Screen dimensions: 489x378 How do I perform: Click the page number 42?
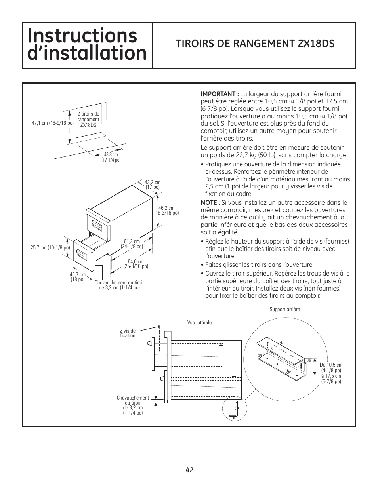pos(189,470)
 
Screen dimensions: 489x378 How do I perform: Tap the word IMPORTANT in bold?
pos(219,94)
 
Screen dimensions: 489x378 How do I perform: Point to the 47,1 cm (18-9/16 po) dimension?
pos(53,123)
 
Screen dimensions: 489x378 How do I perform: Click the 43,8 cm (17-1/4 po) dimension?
pos(111,157)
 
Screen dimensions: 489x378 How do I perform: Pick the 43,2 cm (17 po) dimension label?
pos(153,185)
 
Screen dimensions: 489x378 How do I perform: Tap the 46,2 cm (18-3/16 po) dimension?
pos(166,210)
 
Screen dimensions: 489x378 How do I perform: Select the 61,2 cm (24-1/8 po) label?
pos(132,244)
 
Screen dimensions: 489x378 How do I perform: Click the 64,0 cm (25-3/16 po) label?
pos(136,264)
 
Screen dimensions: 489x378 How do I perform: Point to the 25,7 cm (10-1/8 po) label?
pos(50,248)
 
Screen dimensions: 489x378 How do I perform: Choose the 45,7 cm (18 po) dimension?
pos(78,277)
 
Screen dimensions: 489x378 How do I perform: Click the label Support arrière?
pos(284,309)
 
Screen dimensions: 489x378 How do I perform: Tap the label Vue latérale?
pos(199,322)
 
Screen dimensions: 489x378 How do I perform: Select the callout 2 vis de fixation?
pos(128,333)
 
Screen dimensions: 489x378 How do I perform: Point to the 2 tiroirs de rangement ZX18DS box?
pos(88,119)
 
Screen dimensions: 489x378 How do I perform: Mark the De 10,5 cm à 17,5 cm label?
pos(331,373)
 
